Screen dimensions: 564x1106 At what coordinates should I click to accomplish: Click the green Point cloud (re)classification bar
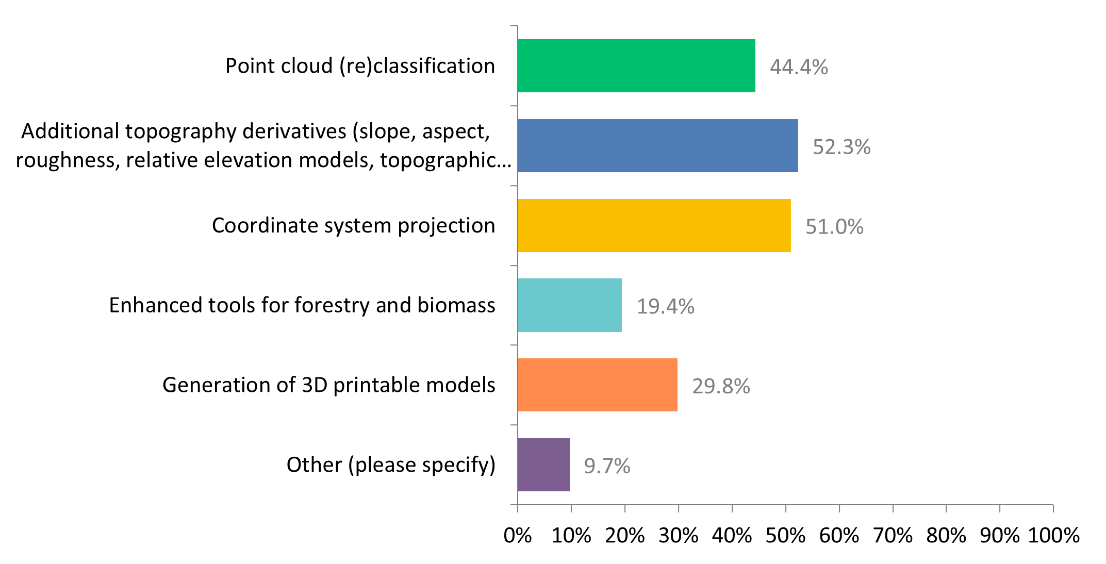[x=636, y=66]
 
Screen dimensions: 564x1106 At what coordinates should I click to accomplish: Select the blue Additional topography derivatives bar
[x=658, y=145]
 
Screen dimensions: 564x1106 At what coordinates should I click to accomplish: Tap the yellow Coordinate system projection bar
[x=654, y=225]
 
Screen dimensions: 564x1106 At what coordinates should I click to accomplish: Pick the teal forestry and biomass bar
[x=570, y=305]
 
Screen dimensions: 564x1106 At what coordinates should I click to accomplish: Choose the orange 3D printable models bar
[x=598, y=385]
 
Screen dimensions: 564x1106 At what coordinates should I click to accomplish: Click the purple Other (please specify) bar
[x=543, y=465]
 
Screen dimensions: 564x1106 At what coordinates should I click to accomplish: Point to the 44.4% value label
[x=799, y=67]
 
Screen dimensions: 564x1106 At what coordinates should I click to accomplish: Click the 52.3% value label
[x=841, y=147]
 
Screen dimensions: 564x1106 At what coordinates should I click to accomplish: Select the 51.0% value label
[x=834, y=227]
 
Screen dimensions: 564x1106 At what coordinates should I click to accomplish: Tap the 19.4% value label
[x=665, y=307]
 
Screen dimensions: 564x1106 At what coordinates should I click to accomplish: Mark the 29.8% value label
[x=721, y=386]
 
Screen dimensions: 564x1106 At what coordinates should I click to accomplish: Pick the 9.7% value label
[x=607, y=466]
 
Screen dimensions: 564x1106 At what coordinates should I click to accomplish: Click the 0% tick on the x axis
[x=518, y=536]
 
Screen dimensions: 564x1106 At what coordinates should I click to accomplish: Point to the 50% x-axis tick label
[x=785, y=536]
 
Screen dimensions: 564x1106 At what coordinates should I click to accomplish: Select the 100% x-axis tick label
[x=1053, y=536]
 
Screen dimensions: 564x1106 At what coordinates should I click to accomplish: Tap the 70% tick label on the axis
[x=893, y=536]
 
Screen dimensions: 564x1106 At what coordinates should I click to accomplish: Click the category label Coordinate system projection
[x=353, y=225]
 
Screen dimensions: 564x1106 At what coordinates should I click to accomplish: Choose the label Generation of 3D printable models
[x=328, y=385]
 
